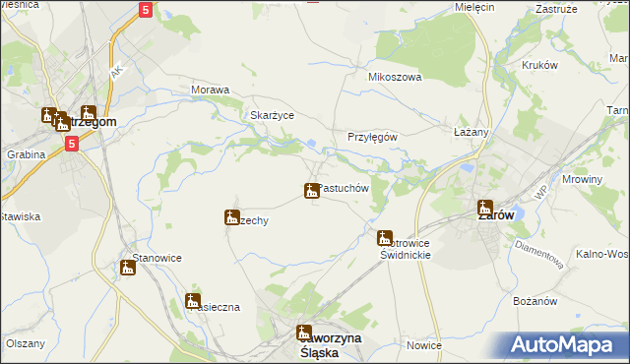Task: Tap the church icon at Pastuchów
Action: (311, 190)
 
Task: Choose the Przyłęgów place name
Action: (372, 138)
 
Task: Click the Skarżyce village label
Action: (273, 114)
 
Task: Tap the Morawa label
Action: (210, 90)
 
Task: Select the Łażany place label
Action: (471, 131)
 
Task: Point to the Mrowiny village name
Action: (581, 180)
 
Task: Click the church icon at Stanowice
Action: (128, 267)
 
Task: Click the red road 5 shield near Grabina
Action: (72, 144)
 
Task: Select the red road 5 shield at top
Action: (145, 10)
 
